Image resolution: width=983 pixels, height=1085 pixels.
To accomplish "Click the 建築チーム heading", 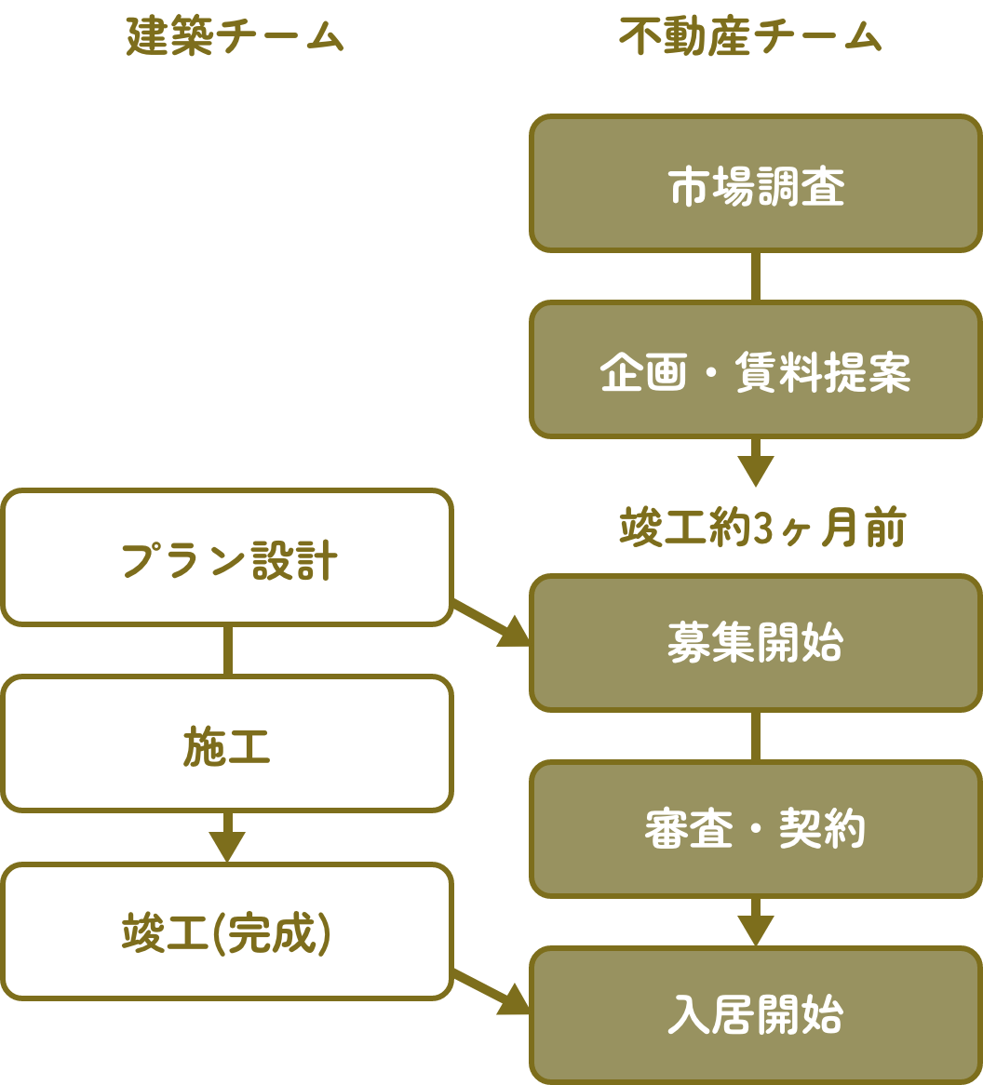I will coord(235,37).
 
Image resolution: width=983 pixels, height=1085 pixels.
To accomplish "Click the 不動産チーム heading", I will coord(750,37).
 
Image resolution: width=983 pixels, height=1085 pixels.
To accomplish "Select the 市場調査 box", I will coord(756,184).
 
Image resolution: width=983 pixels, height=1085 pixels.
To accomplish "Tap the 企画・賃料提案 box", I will coord(756,369).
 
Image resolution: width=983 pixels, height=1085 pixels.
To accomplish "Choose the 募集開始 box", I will coord(756,643).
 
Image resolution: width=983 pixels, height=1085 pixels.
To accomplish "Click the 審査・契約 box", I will coord(756,829).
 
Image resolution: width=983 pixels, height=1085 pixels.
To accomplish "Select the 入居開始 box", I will coord(756,1014).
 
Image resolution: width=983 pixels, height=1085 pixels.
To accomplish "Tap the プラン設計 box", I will coord(227,557).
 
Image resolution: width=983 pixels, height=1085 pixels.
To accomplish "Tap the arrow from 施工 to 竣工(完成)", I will coord(227,837).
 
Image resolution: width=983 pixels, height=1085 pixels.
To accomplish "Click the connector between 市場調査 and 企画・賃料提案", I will coord(756,276).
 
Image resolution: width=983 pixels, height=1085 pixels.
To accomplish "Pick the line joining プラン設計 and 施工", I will coord(227,650).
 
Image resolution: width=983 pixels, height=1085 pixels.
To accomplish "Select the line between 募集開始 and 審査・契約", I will coord(756,736).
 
